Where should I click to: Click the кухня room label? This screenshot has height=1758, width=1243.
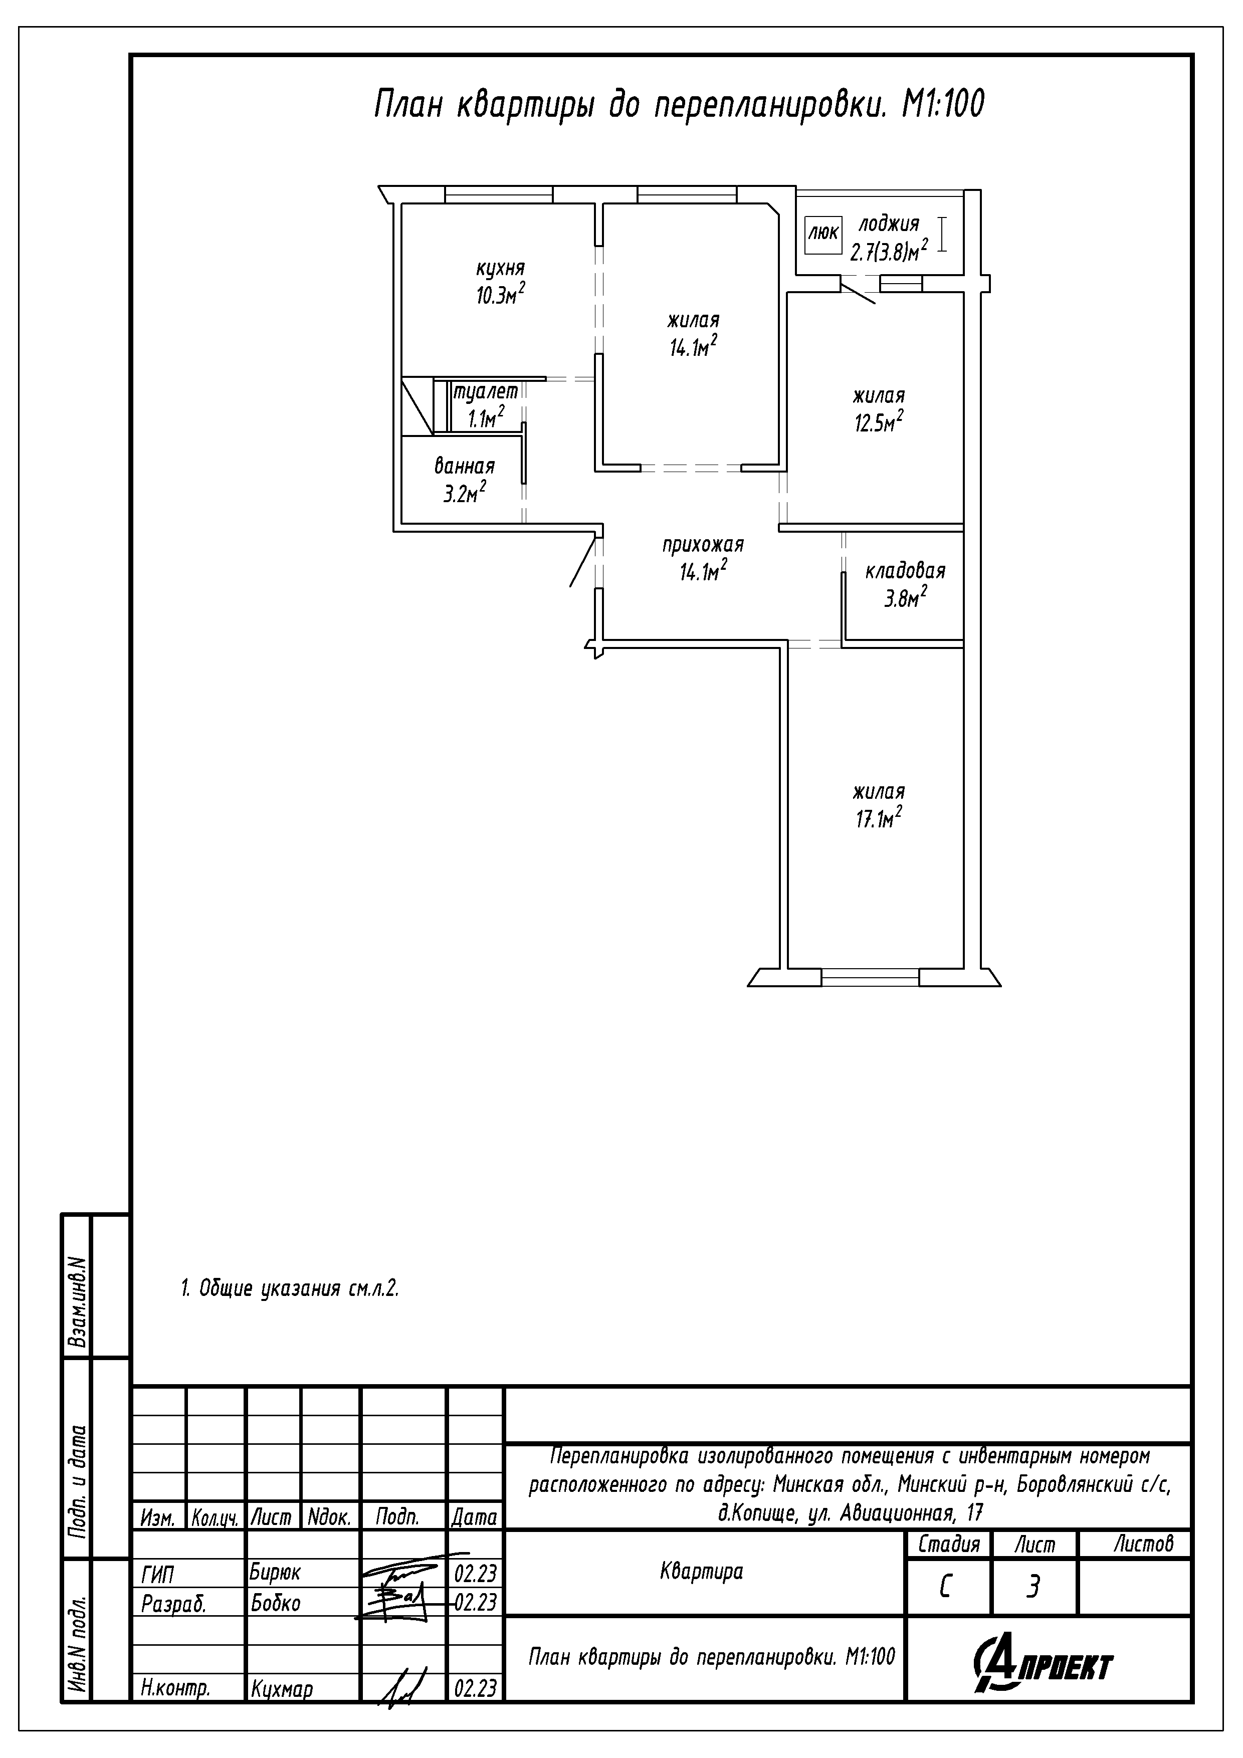pos(500,269)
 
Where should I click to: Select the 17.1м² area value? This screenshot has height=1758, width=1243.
pos(879,818)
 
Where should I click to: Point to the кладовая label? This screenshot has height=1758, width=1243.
pos(905,571)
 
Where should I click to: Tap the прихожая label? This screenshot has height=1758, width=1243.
pos(703,545)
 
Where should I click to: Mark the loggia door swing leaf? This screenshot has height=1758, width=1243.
pos(858,292)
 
